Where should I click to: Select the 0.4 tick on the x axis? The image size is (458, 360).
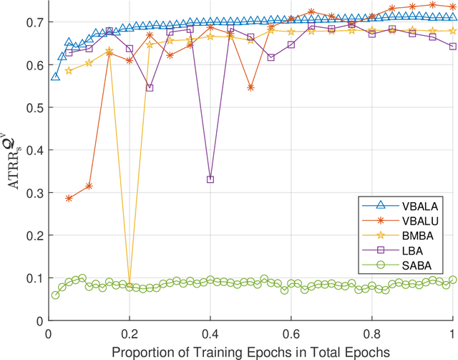[210, 333]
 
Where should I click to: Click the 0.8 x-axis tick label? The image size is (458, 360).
[371, 333]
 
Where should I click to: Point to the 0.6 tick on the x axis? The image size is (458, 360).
[291, 333]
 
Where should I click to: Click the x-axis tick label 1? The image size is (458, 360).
[452, 333]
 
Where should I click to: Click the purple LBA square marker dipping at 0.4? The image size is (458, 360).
[210, 179]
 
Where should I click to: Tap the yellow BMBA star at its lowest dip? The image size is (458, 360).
[130, 285]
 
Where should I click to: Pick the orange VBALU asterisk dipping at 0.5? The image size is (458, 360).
[250, 87]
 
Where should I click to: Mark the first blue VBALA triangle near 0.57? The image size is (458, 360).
[55, 76]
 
